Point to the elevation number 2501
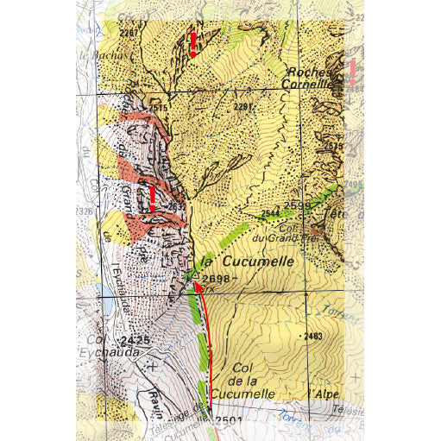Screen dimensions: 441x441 228,420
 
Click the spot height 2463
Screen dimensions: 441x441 312,335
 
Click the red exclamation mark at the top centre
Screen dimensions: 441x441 193,43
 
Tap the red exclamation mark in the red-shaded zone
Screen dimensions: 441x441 152,198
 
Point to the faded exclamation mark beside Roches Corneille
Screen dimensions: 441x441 352,73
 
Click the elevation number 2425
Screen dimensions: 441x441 136,341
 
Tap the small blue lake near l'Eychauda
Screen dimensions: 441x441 106,305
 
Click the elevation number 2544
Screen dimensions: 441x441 270,213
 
